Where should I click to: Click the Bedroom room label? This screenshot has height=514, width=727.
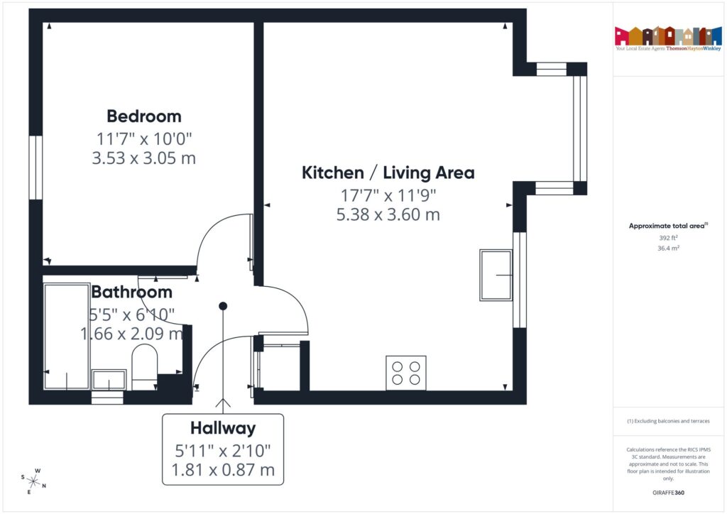[144, 116]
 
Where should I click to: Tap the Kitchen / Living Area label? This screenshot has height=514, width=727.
[388, 173]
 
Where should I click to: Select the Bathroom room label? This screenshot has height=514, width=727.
[132, 292]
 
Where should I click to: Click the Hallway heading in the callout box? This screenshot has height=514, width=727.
[223, 428]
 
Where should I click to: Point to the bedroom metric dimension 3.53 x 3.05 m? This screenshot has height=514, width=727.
[144, 158]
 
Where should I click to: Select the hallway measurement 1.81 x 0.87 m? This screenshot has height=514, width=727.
[223, 469]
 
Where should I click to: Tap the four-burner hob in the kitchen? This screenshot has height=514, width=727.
[406, 373]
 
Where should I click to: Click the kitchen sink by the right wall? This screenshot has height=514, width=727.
[496, 275]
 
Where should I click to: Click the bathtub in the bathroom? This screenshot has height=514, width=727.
[66, 336]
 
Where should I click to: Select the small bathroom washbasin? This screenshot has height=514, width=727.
[109, 380]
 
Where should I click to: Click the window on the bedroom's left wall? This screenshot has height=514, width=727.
[35, 168]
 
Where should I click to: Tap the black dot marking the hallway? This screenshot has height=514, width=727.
[223, 306]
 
